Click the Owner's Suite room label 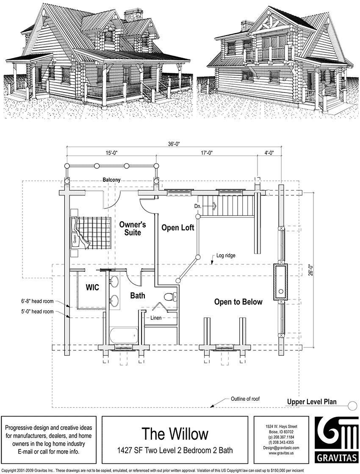[x=133, y=228]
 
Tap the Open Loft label [x=178, y=228]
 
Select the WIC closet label [x=92, y=288]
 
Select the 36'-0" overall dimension [x=174, y=144]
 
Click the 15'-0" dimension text [x=111, y=153]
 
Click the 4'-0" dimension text [x=269, y=153]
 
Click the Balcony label [x=111, y=180]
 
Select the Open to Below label [x=238, y=302]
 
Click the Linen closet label [x=155, y=317]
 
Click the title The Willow [x=175, y=434]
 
